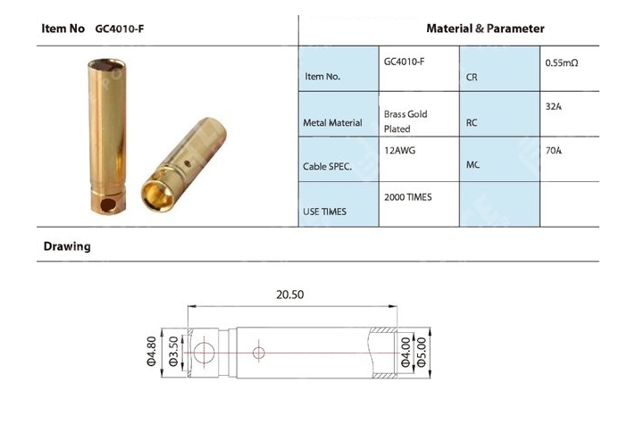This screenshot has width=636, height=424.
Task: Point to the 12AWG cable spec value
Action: pyautogui.click(x=399, y=151)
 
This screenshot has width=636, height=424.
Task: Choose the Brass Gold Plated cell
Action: pyautogui.click(x=406, y=122)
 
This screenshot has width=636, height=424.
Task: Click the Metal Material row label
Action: pyautogui.click(x=334, y=122)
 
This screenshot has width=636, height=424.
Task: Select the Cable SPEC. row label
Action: pyautogui.click(x=329, y=166)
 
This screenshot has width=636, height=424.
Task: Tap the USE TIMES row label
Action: pyautogui.click(x=326, y=211)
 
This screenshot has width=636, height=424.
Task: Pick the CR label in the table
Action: pyautogui.click(x=472, y=78)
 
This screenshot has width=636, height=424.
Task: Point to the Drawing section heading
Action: pyautogui.click(x=67, y=246)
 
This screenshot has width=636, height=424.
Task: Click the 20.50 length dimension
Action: pyautogui.click(x=291, y=294)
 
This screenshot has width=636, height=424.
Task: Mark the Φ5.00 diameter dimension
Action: pyautogui.click(x=421, y=352)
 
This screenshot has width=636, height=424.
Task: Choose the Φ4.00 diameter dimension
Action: pyautogui.click(x=406, y=352)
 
